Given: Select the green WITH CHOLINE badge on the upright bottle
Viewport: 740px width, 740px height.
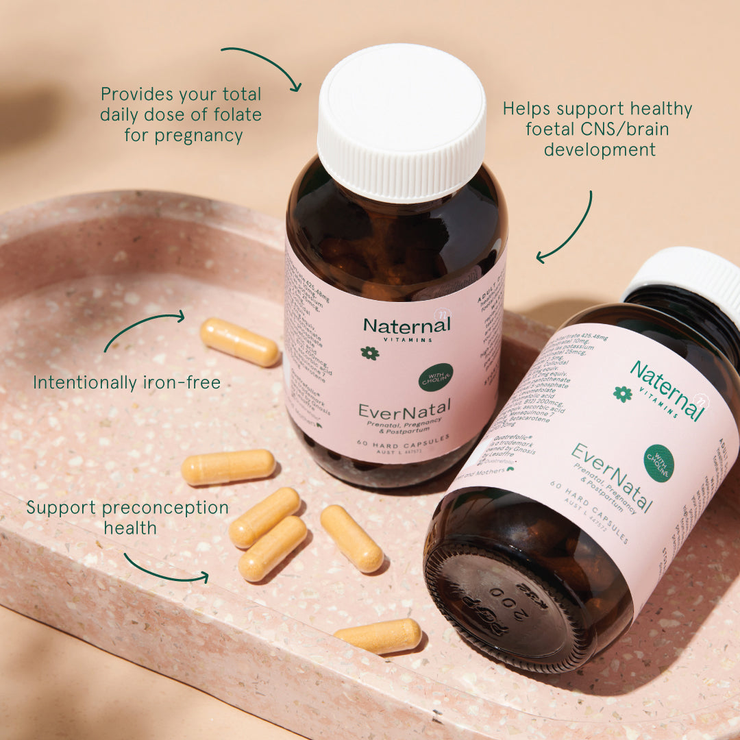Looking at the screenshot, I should tap(436, 378).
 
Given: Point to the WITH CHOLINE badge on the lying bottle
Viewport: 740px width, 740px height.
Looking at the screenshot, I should tap(658, 463).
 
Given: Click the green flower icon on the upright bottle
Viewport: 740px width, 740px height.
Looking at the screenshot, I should tap(369, 353).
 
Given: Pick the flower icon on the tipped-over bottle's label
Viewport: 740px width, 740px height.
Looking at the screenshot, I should tap(622, 393).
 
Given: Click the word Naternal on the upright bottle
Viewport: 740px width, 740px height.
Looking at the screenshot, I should tap(406, 325).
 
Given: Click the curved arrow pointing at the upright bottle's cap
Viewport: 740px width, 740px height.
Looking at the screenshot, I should tap(263, 64).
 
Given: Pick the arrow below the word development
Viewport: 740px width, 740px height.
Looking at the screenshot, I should tap(569, 230).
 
